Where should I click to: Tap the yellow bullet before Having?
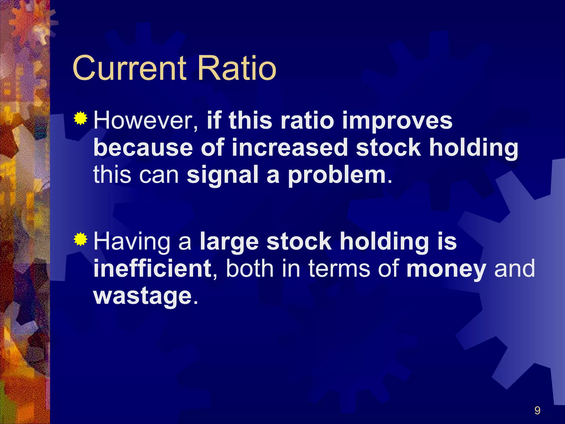point(81,239)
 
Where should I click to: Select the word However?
point(146,121)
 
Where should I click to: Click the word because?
point(143,148)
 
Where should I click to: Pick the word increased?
point(290,148)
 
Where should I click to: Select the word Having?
point(132,242)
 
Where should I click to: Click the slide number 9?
point(537,410)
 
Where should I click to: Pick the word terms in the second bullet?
point(339,269)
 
